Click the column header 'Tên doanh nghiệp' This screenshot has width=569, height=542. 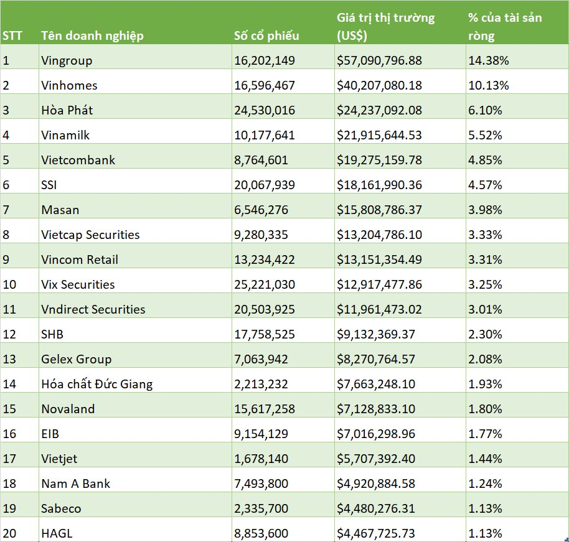tap(92, 35)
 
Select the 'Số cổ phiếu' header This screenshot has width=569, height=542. tap(266, 35)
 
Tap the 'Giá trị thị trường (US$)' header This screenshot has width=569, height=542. tap(385, 27)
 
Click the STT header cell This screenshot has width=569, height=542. tap(12, 35)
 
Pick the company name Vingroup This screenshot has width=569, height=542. tap(66, 60)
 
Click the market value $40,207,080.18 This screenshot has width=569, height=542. tap(379, 85)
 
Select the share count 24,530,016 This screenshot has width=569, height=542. tap(264, 110)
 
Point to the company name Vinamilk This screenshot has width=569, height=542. tap(66, 135)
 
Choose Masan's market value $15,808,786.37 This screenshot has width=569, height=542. tap(379, 210)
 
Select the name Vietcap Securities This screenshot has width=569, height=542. tap(90, 235)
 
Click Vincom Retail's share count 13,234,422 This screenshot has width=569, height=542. tap(264, 259)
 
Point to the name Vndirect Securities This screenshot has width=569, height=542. tap(93, 309)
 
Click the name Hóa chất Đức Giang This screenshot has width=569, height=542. tap(96, 384)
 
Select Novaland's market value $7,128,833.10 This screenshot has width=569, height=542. tap(376, 409)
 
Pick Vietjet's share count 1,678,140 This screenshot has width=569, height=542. tap(261, 459)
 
